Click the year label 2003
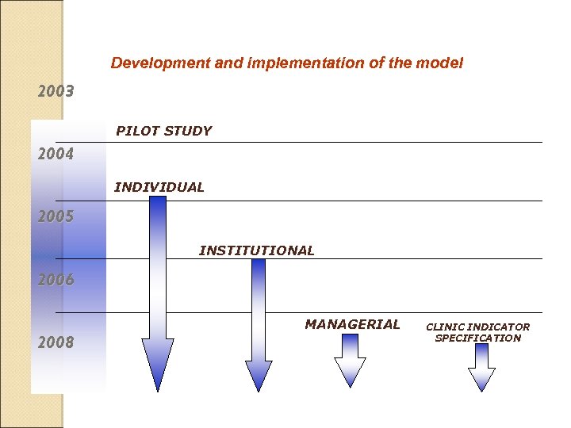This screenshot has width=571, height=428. pos(56,91)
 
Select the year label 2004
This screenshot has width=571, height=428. pos(56,154)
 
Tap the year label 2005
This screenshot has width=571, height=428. pos(56,216)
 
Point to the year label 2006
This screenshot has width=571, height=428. pos(56,280)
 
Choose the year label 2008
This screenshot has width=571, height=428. pos(56,342)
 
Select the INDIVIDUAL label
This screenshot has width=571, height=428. pos(159,188)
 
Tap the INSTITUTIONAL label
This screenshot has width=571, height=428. pos(256,250)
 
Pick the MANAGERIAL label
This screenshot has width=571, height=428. pos(353,324)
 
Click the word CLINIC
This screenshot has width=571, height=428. pos(445,327)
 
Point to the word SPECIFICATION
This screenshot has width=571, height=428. pos(478,338)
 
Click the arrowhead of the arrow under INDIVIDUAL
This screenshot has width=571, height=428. pos(158,365)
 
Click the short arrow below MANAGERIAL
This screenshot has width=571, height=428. pos(350,361)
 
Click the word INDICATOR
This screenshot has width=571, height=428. pos(499,327)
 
